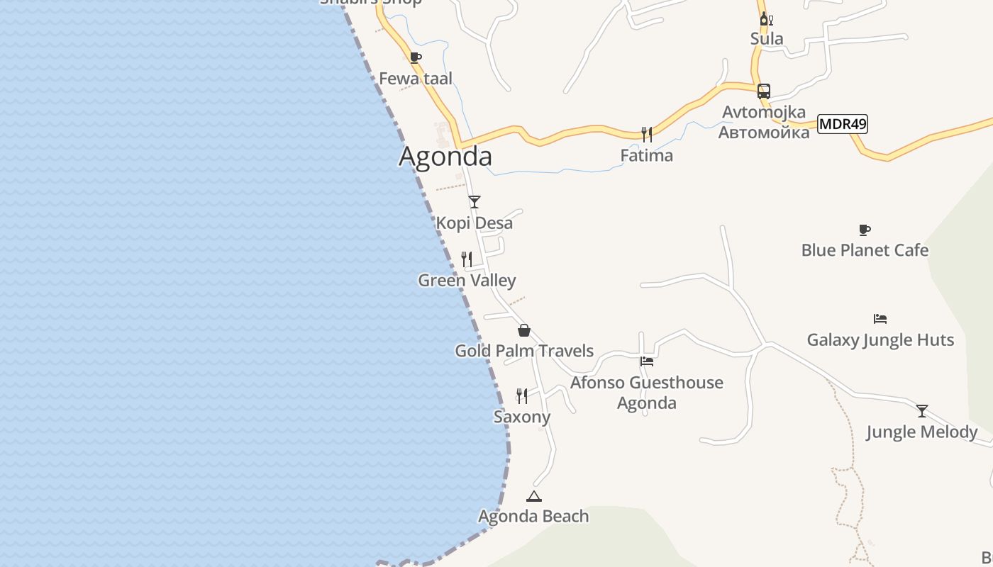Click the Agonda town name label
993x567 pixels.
coord(445,156)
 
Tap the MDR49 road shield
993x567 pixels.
coord(843,124)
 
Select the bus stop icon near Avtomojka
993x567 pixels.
coord(764,91)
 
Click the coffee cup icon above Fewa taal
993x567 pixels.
coord(416,57)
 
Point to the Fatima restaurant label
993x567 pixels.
coord(646,155)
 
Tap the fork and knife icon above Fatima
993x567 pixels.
coord(646,134)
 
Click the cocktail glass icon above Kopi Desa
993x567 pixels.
coord(475,202)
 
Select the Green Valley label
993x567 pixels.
coord(467,280)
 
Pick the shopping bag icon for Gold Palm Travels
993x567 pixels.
coord(524,330)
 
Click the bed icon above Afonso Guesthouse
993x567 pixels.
coord(646,361)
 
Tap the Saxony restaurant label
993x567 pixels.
coord(522,417)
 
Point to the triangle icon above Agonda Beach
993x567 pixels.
coord(534,496)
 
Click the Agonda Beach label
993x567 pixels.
coord(533,516)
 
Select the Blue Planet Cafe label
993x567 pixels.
coord(865,250)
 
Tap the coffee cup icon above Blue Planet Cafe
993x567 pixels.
coord(864,230)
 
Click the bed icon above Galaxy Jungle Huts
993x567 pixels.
coord(880,319)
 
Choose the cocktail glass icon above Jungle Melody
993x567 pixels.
coord(921,410)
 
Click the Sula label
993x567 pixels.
coord(767,38)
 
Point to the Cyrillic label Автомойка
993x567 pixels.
coord(764,133)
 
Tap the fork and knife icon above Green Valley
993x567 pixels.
coord(467,259)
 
